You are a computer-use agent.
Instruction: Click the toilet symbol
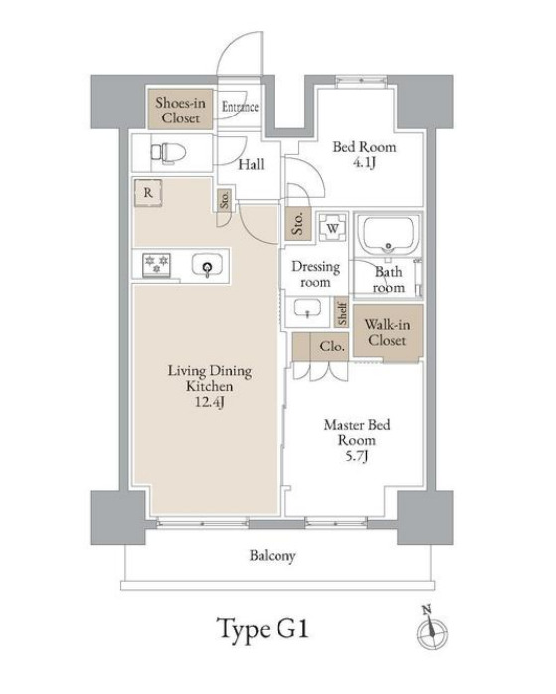pos(168,153)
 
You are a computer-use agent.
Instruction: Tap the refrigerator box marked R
pos(148,192)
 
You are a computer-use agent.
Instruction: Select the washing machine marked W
pos(333,228)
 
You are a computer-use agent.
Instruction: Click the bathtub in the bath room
pos(388,235)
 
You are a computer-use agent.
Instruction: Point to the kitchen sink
pos(207,266)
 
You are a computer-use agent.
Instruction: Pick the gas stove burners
pos(156,265)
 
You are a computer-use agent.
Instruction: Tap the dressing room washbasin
pos(307,308)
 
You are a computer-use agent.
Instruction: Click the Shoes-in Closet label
pos(180,111)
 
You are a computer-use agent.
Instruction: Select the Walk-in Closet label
pos(387,332)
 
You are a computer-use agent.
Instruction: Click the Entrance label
pos(240,107)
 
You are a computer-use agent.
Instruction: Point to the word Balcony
pos(273,556)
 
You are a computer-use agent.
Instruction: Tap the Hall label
pos(251,164)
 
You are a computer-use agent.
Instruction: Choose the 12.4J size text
pos(210,402)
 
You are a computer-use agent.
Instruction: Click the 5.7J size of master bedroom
pos(357,456)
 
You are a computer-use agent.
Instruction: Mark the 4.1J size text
pos(364,163)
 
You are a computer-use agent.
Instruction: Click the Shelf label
pos(342,312)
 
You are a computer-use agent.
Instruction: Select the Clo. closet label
pos(332,347)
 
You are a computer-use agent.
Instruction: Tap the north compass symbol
pos(431,629)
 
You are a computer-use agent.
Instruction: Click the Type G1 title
pos(264,629)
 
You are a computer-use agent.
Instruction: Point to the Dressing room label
pos(315,275)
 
